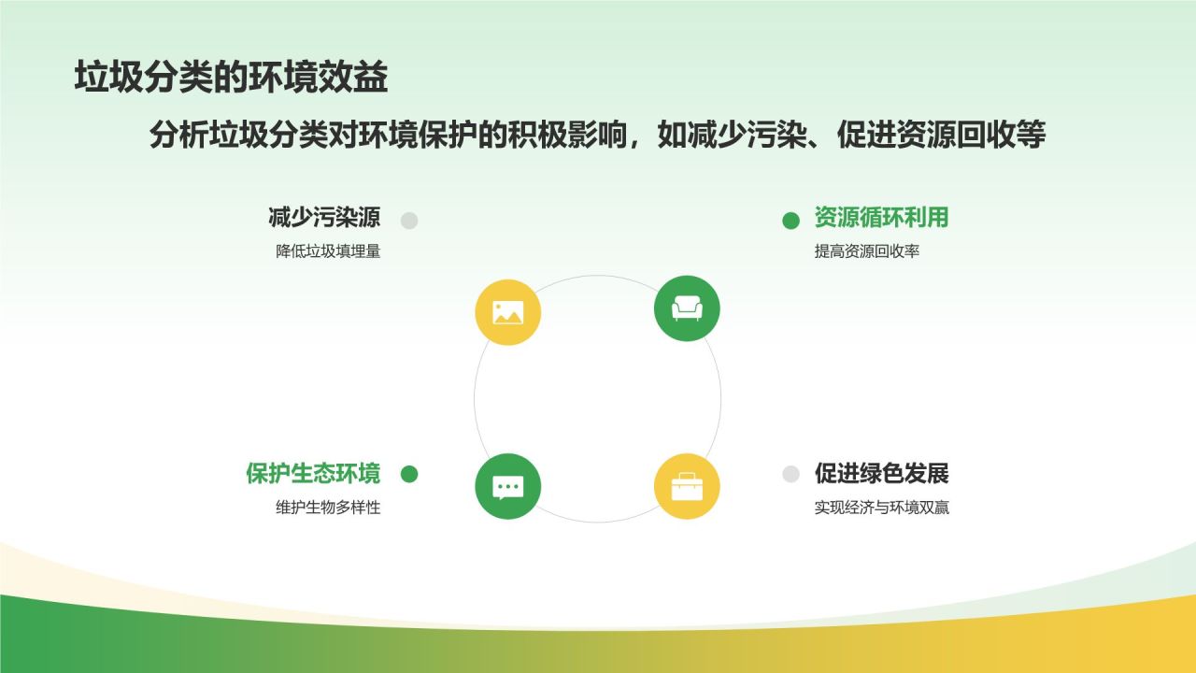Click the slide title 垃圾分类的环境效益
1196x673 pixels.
point(231,77)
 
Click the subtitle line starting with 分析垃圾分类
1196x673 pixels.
point(597,134)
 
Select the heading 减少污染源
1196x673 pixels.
point(324,218)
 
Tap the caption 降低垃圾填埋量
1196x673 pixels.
point(328,251)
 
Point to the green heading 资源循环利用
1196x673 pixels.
point(881,218)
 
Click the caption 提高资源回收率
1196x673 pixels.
point(867,251)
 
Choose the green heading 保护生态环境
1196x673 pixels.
point(313,473)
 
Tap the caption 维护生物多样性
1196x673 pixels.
point(328,507)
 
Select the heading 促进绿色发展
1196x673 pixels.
point(881,473)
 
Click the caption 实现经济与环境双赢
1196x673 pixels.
point(882,507)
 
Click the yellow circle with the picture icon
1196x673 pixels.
point(507,312)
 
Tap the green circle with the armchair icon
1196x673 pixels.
point(687,308)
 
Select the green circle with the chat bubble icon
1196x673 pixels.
point(507,486)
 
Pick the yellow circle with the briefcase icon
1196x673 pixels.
point(687,486)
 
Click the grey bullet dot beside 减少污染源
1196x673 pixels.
point(409,220)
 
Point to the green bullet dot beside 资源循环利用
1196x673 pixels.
point(790,220)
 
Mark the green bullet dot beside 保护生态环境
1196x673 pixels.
point(409,474)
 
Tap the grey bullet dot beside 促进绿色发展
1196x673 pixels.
point(790,474)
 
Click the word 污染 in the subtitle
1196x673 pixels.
point(776,134)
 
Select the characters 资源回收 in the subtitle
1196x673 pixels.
point(956,134)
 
